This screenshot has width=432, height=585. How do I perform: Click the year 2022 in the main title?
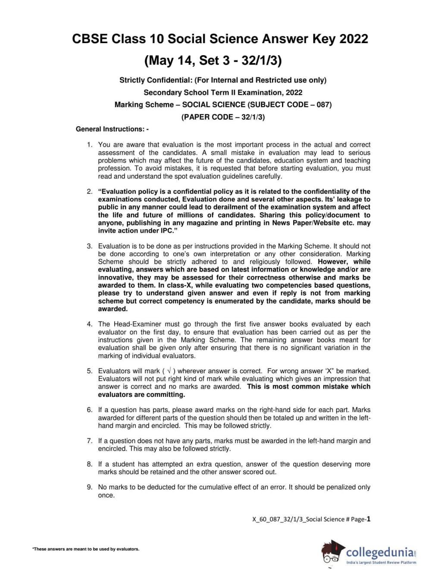pos(354,39)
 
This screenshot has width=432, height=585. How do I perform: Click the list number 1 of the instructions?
pos(89,145)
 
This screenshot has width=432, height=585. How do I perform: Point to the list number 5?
pos(89,371)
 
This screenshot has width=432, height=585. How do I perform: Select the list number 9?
pos(89,487)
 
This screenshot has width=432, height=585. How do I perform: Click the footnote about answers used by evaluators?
pos(86,549)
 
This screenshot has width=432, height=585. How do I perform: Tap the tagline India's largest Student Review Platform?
pos(381,563)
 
